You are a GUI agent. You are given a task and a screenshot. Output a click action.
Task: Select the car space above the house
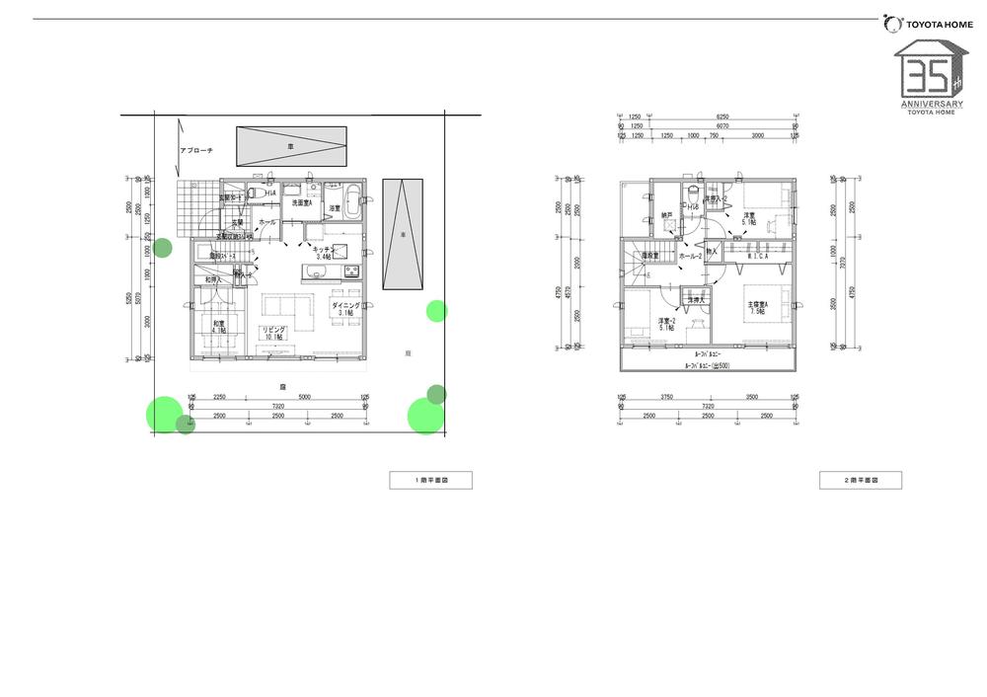[x=291, y=146]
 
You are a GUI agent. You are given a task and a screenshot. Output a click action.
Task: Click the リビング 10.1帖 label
[x=272, y=333]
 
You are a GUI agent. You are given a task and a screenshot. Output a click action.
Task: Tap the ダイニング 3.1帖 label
[x=345, y=308]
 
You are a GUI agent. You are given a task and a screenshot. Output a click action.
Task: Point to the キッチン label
[x=324, y=251]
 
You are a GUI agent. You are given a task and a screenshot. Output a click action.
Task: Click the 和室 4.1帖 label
[x=218, y=327]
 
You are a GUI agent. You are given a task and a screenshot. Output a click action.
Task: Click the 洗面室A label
[x=301, y=203]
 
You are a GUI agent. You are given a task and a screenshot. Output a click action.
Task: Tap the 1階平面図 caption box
[x=430, y=481]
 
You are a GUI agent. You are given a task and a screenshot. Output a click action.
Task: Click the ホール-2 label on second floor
[x=690, y=257]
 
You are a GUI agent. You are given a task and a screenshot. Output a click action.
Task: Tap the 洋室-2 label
[x=667, y=323]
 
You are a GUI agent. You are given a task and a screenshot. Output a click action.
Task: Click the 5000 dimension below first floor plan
[x=304, y=397]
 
